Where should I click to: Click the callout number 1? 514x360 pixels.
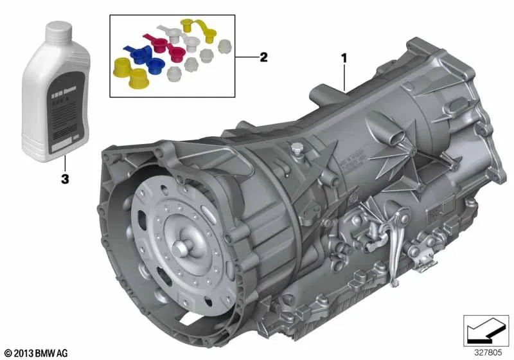click(344, 58)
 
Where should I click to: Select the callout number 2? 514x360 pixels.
click(263, 58)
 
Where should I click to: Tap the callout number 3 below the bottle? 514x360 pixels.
click(64, 179)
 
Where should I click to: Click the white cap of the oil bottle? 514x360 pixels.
click(57, 32)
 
